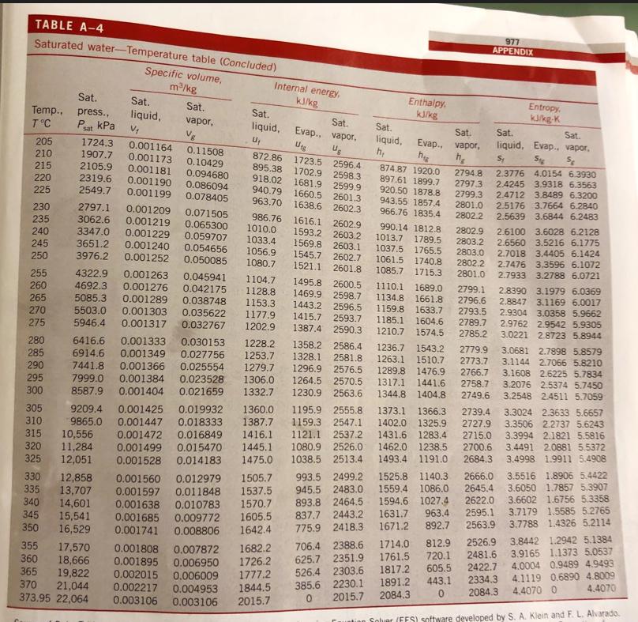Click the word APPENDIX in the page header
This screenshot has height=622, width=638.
[x=515, y=52]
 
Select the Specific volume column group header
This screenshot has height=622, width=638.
[x=183, y=79]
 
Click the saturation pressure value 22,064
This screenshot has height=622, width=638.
[x=73, y=597]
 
